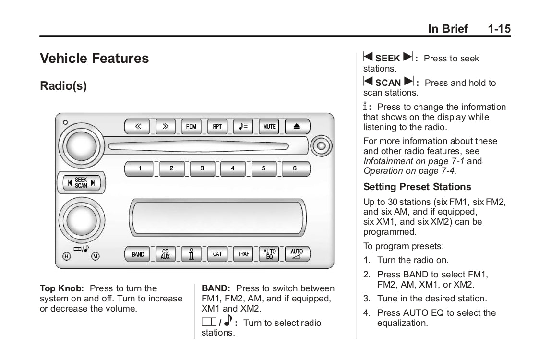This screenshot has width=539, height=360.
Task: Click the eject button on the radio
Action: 298,127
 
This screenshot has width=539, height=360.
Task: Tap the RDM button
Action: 191,127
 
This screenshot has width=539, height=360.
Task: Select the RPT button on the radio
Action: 217,127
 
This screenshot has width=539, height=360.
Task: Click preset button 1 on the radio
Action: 139,168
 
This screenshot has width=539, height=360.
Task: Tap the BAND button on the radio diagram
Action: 137,254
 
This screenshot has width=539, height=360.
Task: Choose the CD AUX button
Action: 165,254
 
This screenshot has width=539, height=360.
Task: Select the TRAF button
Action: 243,254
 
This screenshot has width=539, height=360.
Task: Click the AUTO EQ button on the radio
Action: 269,254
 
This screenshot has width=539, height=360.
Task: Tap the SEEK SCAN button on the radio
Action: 81,182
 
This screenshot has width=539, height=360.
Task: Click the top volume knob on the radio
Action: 81,145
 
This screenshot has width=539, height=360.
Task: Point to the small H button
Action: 67,256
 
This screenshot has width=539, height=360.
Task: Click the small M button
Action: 95,256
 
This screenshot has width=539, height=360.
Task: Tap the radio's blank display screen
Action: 217,217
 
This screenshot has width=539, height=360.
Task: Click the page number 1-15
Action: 499,28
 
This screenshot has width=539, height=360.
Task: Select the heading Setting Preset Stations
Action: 417,187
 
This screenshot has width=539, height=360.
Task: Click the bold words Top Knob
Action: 62,288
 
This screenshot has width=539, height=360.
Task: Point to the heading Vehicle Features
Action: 94,58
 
